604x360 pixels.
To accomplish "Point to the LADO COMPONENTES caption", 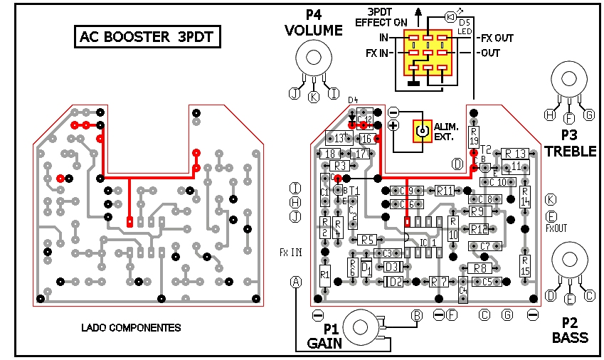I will (x=131, y=328).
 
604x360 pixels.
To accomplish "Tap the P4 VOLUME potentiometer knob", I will (x=313, y=58).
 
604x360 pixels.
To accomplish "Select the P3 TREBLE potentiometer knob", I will (x=568, y=80).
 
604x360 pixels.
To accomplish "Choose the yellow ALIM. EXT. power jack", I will (x=423, y=131).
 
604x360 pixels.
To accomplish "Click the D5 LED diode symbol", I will (x=450, y=16).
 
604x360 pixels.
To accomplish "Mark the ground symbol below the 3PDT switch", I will (x=412, y=85).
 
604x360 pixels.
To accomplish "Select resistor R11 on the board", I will (x=445, y=191).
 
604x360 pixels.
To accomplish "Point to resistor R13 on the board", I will (x=515, y=154).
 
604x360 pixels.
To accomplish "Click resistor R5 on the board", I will (x=366, y=240).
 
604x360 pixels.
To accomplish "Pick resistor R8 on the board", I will (x=481, y=268).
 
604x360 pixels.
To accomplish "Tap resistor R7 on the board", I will (x=440, y=282).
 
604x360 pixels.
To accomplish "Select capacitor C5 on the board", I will (x=487, y=282).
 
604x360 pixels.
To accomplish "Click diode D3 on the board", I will (x=391, y=268).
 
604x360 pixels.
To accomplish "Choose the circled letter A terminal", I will (x=297, y=282).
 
